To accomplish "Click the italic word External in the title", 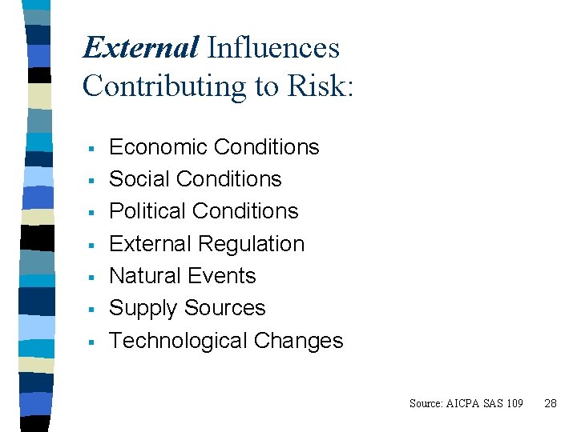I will click(140, 48).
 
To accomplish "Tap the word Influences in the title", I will click(273, 48).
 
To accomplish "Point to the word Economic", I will click(159, 147).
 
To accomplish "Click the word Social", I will click(138, 179).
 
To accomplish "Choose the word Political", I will click(148, 211).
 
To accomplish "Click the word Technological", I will click(179, 341).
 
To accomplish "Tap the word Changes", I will click(298, 341).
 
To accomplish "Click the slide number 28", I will click(550, 403).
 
